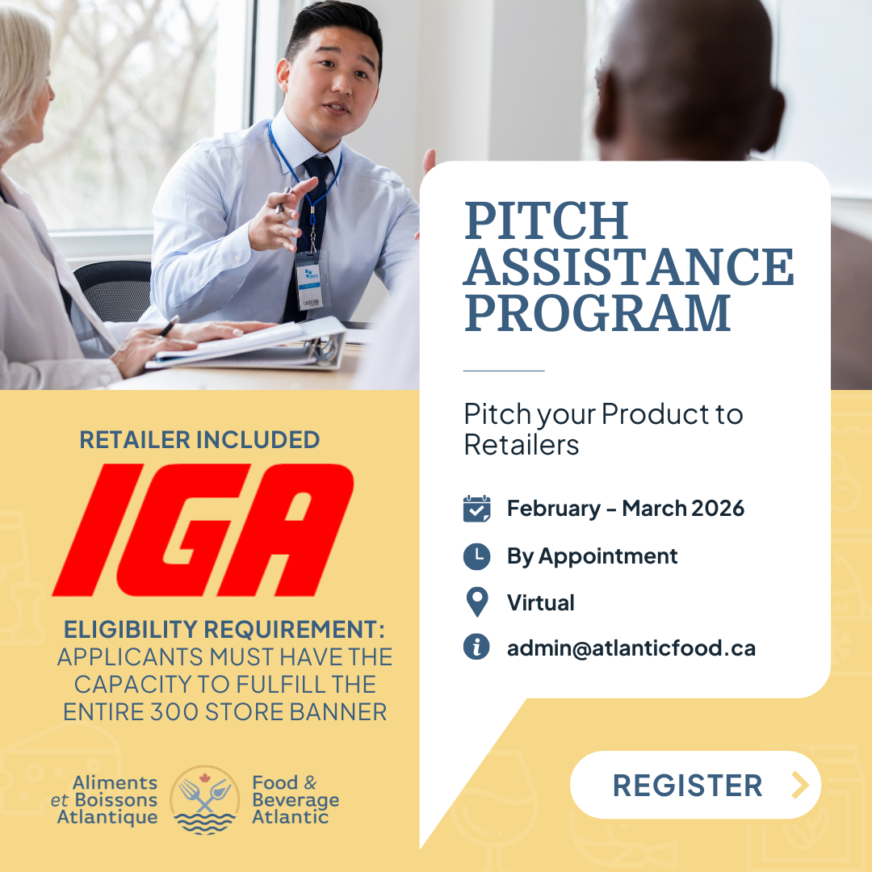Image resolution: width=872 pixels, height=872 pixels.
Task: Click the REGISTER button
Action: [x=695, y=785]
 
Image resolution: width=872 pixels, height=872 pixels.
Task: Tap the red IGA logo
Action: [x=203, y=530]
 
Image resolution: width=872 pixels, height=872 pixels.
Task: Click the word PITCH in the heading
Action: [x=547, y=220]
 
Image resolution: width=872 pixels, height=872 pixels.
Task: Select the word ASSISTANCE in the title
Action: [x=629, y=267]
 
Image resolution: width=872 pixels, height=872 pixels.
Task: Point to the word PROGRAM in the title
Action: [x=597, y=313]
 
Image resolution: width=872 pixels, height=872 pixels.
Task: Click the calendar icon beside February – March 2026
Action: [x=476, y=509]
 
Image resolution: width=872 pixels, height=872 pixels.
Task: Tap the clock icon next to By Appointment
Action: [x=476, y=556]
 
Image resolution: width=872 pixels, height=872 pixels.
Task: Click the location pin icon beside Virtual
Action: [x=476, y=602]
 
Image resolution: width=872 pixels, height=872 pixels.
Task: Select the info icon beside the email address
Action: [x=476, y=648]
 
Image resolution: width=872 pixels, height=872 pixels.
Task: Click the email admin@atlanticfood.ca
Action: [x=631, y=648]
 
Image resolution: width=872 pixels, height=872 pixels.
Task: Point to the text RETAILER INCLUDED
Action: [x=199, y=439]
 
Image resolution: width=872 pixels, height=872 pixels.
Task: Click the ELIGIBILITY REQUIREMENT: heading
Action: [x=224, y=630]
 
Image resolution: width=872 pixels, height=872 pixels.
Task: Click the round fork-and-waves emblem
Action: [x=204, y=799]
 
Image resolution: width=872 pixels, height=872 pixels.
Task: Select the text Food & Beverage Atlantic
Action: [x=296, y=799]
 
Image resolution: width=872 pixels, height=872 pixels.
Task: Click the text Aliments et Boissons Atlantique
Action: [x=104, y=799]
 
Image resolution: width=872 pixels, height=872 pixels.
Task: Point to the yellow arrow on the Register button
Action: [x=799, y=785]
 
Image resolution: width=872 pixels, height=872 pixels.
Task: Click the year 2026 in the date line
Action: [x=718, y=509]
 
